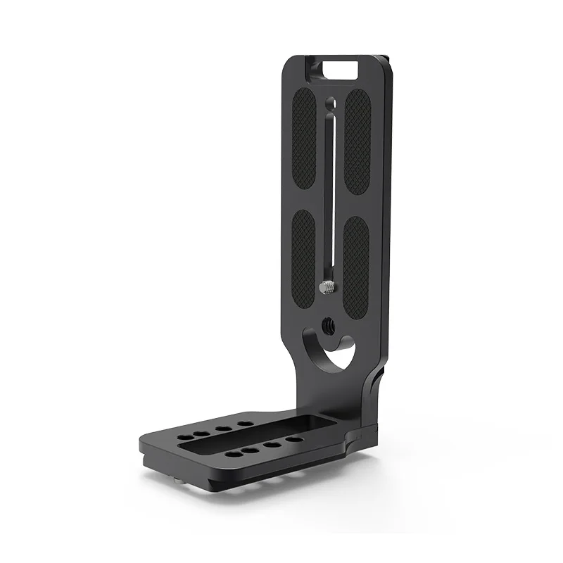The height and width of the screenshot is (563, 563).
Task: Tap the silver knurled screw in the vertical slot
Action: [x=328, y=287]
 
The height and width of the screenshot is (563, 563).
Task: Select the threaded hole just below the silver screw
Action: [x=329, y=324]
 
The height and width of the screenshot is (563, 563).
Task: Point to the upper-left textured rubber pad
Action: [x=304, y=137]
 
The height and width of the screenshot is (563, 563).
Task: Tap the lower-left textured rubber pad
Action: [x=304, y=253]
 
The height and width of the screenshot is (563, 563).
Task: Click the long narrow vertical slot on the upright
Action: [x=329, y=190]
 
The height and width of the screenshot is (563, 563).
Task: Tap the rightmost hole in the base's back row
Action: [x=246, y=424]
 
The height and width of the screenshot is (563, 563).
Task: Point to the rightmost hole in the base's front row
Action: [x=294, y=441]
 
